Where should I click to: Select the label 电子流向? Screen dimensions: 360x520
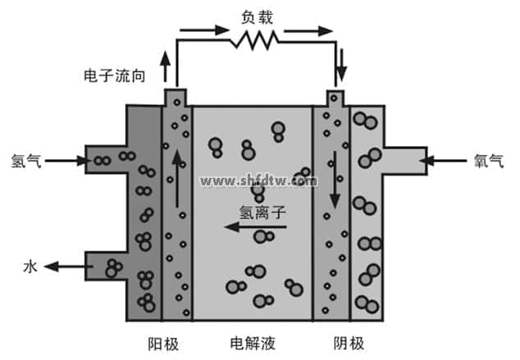click(116, 75)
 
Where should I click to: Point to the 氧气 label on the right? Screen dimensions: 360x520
click(489, 161)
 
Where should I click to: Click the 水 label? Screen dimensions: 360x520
click(30, 266)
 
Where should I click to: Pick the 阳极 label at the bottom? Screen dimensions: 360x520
click(164, 341)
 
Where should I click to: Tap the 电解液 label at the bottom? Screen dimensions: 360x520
click(252, 341)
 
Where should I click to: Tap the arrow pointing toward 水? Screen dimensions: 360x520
click(66, 266)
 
